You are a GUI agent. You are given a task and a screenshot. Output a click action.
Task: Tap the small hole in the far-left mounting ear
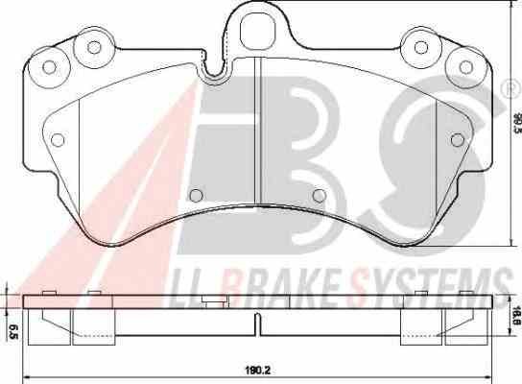pos(49,67)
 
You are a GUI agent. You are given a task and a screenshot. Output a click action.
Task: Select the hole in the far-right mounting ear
pos(465,67)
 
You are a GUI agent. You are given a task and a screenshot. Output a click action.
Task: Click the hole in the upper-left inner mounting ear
pos(94,47)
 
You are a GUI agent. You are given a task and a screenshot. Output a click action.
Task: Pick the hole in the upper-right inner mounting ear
pos(421,47)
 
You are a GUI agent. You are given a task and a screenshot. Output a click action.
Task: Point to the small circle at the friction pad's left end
pos(58,139)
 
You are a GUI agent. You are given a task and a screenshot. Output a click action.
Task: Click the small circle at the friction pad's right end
pos(457,139)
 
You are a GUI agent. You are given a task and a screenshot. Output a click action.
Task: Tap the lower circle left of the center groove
pos(196,195)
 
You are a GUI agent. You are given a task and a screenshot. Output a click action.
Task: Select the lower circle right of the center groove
pos(320,195)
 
